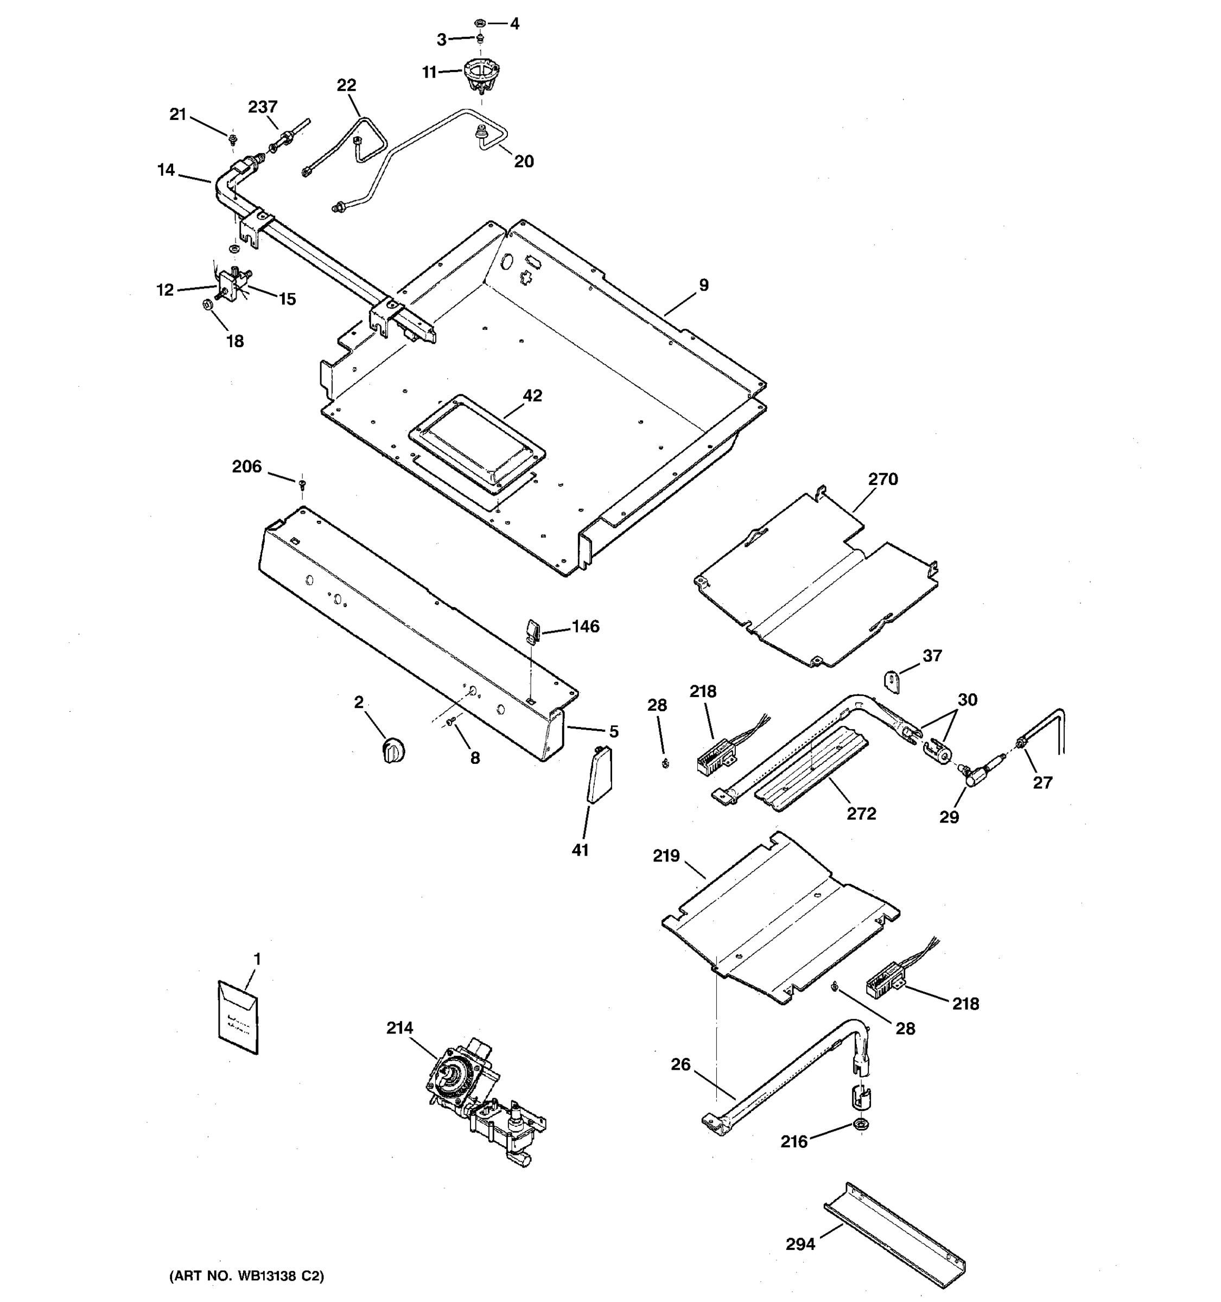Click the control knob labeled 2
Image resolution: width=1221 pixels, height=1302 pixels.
pos(393,749)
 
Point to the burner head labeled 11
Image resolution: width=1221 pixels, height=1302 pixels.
pos(478,73)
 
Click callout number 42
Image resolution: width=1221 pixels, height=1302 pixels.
pos(532,395)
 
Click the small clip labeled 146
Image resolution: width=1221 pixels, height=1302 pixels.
pos(532,633)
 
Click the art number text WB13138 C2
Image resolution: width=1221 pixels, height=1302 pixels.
pos(247,1276)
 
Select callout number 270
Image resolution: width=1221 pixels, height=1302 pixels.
pos(882,480)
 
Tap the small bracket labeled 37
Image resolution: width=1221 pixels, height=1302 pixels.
pos(893,680)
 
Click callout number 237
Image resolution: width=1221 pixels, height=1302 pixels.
pos(263,107)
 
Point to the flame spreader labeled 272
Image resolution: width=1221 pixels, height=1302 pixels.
pos(812,770)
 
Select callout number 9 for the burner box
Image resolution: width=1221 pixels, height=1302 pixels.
pos(703,285)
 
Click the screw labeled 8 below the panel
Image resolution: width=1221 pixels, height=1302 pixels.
pos(450,722)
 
